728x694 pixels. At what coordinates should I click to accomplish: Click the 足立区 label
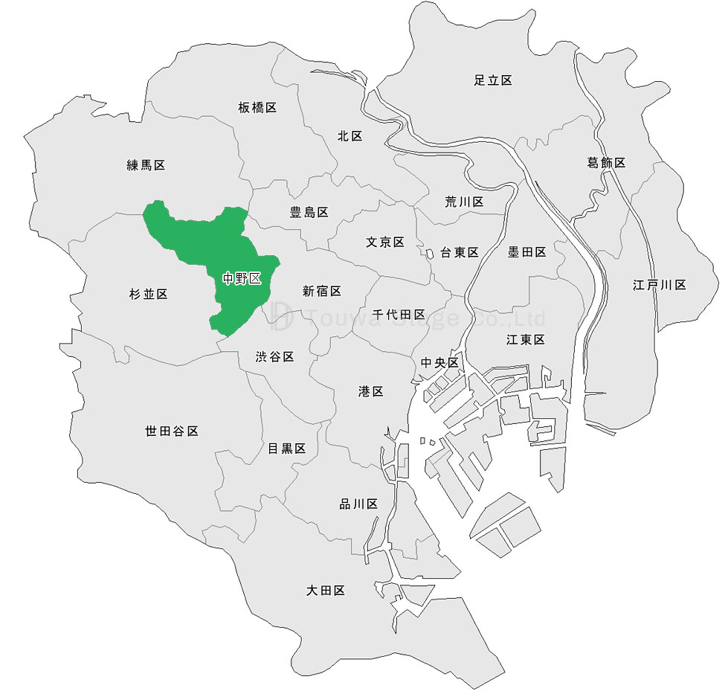point(493,80)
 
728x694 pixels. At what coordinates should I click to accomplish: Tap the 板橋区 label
point(257,108)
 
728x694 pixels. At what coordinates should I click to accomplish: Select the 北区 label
point(349,136)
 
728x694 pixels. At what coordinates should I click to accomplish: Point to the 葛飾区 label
point(606,163)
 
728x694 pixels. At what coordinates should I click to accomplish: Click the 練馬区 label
point(146,165)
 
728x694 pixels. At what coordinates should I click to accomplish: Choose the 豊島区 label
point(309,213)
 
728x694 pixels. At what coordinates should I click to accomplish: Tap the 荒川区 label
point(464,202)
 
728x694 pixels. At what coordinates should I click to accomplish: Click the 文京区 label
point(384,242)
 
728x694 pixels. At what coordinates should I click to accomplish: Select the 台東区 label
point(459,252)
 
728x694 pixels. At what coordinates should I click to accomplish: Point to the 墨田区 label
point(526,252)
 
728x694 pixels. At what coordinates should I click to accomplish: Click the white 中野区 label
point(242,279)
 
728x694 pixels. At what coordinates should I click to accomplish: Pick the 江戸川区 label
point(659,285)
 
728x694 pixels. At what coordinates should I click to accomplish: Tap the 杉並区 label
point(148,295)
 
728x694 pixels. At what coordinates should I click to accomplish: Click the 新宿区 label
point(322,292)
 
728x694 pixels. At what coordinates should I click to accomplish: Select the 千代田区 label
point(399,315)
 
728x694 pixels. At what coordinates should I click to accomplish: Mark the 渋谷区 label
point(275,357)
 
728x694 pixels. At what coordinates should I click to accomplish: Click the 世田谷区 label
point(172,431)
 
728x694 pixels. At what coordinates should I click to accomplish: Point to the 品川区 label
point(358,504)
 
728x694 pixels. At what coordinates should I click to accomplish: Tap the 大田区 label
point(326,591)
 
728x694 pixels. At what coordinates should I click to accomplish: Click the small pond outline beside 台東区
point(430,254)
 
